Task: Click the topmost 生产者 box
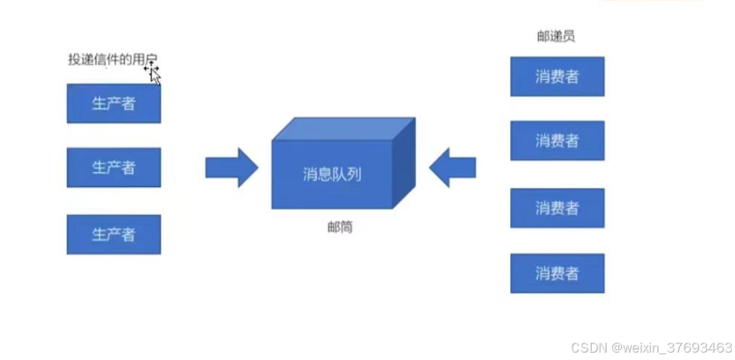coord(114,104)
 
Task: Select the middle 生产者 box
coord(114,167)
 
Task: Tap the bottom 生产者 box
coord(114,234)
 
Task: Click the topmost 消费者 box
coord(557,77)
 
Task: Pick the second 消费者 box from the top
coord(557,140)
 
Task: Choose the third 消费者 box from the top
coord(557,208)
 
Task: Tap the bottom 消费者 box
coord(557,273)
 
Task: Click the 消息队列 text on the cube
coord(331,174)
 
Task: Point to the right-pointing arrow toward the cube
coord(232,167)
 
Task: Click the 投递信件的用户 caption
coord(110,59)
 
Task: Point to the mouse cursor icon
coord(152,73)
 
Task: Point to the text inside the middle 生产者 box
coord(114,167)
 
